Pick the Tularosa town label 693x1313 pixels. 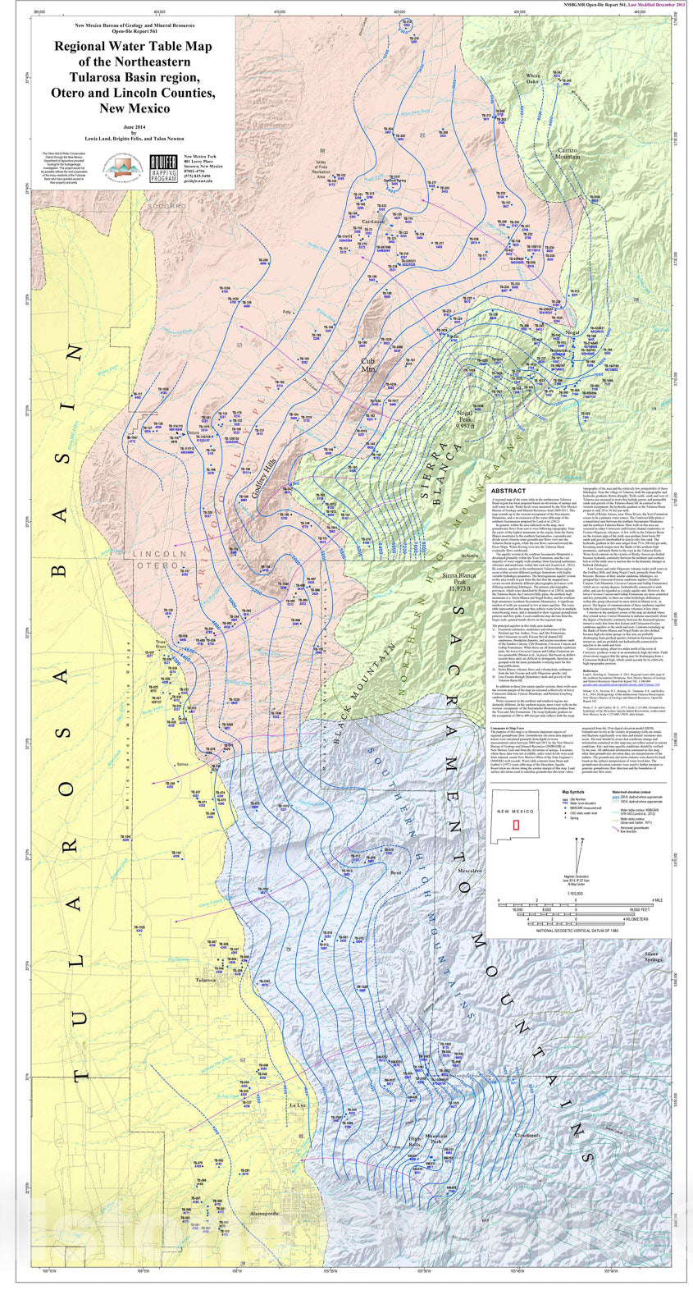coord(206,980)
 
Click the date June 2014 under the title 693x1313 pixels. coord(133,126)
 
